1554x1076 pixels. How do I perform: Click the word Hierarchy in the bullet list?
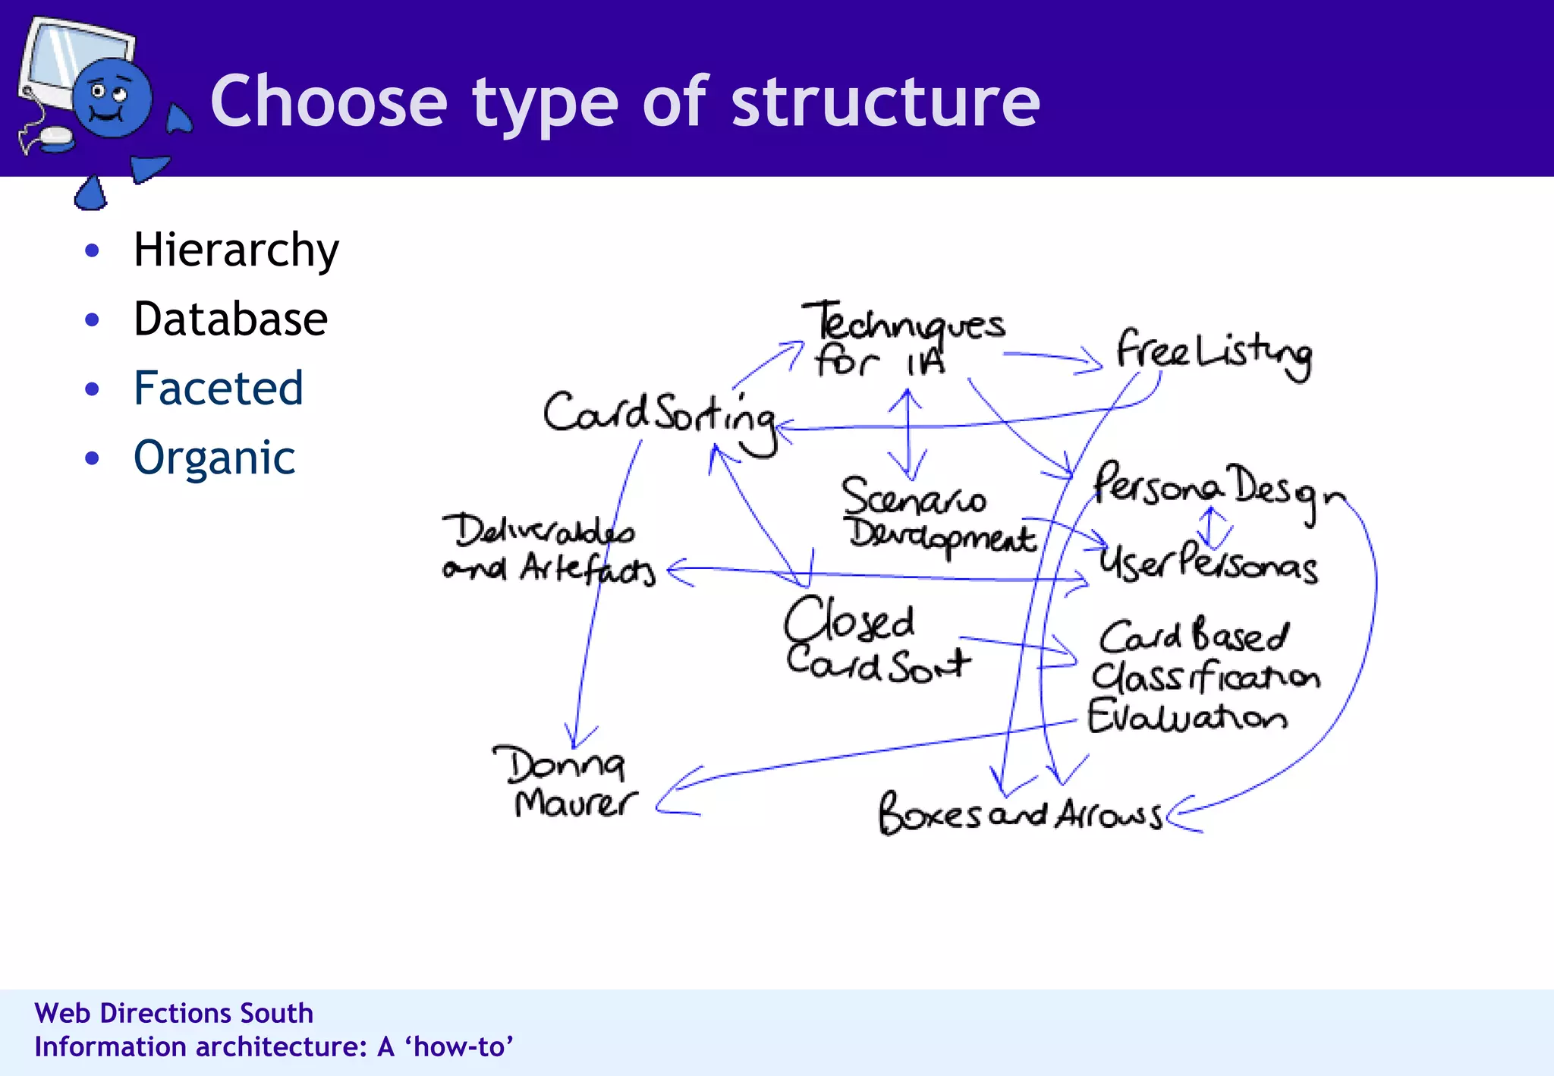coord(235,250)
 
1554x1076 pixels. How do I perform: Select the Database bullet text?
coord(230,319)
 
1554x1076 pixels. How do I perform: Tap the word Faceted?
coord(218,388)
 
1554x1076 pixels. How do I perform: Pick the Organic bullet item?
coord(214,458)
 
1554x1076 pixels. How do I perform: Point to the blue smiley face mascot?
coord(112,99)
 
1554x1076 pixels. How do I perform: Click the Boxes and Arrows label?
coord(1018,814)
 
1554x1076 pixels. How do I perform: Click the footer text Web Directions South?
coord(174,1013)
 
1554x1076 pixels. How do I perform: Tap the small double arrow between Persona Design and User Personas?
coord(1212,527)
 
